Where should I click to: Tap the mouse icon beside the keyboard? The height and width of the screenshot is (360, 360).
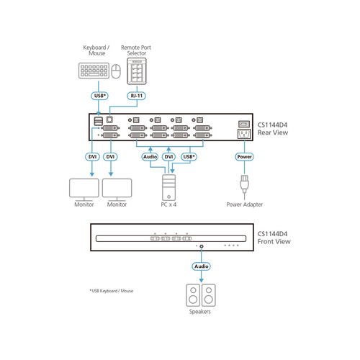116,71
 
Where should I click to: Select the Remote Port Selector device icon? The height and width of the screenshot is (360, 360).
136,72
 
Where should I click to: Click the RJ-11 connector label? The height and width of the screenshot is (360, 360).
135,95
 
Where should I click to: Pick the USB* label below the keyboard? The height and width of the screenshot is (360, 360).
100,95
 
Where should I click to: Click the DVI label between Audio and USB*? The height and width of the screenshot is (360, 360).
169,156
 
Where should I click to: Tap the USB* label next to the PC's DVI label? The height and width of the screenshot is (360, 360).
190,156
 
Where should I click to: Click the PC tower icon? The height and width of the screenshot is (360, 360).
169,186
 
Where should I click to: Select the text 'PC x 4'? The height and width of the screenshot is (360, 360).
169,204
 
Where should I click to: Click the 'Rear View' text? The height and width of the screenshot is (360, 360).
273,132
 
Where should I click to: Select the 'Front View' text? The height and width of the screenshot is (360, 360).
274,243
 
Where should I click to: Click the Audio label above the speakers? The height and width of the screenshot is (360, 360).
201,266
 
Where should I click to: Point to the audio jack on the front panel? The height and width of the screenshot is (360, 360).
201,246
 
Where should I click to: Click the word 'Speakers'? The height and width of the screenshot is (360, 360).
201,312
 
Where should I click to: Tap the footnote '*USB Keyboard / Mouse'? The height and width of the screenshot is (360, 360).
111,291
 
